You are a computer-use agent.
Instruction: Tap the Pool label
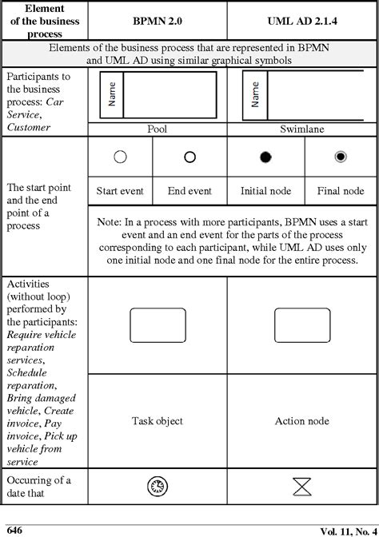tap(157, 129)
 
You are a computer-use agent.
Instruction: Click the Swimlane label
tap(301, 129)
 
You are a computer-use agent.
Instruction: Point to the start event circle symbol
tap(120, 157)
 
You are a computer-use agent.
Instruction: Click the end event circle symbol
tap(189, 157)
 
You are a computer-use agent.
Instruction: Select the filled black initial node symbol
tap(265, 157)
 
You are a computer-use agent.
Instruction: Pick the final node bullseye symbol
tap(341, 157)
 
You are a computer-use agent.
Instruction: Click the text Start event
tap(120, 191)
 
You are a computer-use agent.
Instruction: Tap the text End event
tap(189, 191)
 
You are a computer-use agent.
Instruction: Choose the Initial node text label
tap(265, 191)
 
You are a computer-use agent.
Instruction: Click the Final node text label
tap(341, 191)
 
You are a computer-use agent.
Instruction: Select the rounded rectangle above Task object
tap(157, 325)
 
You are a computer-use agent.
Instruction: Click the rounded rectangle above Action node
tap(301, 325)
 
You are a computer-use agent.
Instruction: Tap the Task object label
tap(157, 420)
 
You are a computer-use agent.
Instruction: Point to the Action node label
tap(301, 420)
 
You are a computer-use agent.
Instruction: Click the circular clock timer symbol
tap(157, 485)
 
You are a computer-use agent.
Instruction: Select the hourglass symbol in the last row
tap(301, 485)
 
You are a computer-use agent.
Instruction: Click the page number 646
tap(15, 529)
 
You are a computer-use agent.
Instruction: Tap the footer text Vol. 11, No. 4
tap(347, 530)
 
